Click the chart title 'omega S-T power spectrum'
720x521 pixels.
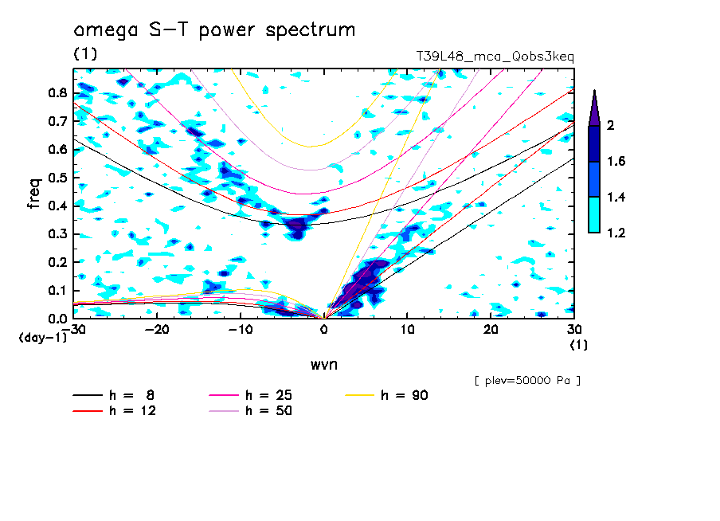pyautogui.click(x=214, y=31)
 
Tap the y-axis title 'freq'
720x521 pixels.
pyautogui.click(x=34, y=194)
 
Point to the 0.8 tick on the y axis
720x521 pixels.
pyautogui.click(x=57, y=92)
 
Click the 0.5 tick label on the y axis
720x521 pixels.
pyautogui.click(x=57, y=178)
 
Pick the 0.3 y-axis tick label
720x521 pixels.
pyautogui.click(x=57, y=234)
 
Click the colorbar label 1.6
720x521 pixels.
pyautogui.click(x=616, y=162)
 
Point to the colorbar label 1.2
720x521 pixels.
pyautogui.click(x=616, y=233)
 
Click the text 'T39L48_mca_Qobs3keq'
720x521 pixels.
pyautogui.click(x=495, y=57)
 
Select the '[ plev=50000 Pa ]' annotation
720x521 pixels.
pyautogui.click(x=527, y=381)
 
